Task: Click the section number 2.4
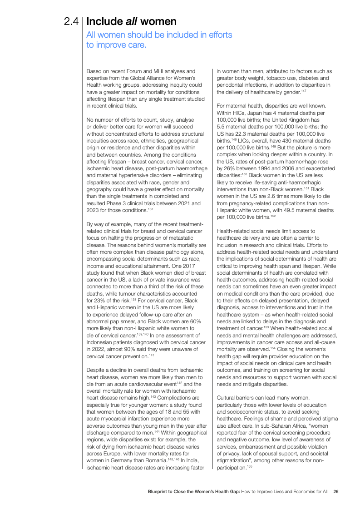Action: pos(72,21)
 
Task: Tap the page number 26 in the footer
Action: pos(336,491)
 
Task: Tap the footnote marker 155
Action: pos(249,467)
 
